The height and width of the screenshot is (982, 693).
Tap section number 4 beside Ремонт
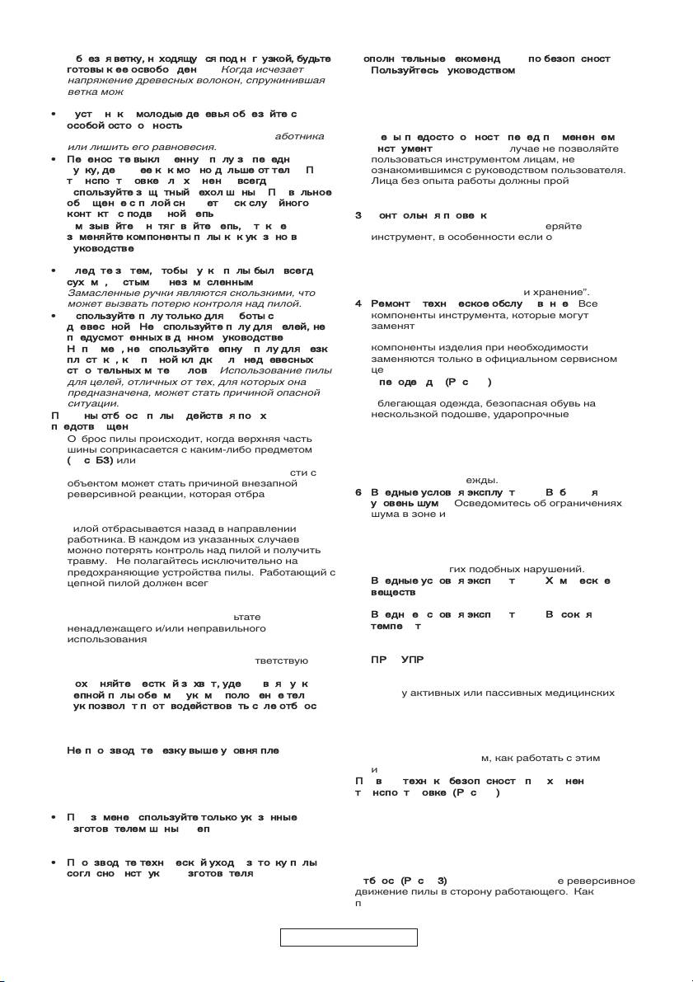click(358, 303)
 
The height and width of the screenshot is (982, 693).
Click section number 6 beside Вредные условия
click(358, 493)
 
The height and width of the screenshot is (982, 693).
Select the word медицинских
click(587, 693)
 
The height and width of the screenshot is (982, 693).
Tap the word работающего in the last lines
click(519, 891)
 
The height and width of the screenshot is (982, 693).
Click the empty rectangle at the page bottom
click(349, 937)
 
